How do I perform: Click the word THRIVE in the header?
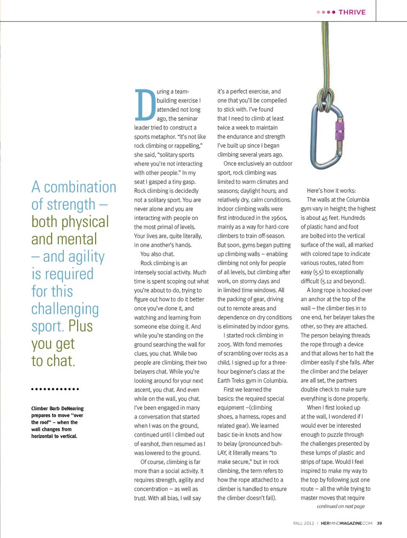click(352, 12)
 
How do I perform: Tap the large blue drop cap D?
click(145, 105)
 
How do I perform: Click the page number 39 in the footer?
click(379, 523)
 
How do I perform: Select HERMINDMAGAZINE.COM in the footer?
click(346, 523)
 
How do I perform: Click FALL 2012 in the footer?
click(304, 523)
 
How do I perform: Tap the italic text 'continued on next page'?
click(340, 506)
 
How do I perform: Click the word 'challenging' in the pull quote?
click(65, 309)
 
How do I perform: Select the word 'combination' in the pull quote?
click(80, 187)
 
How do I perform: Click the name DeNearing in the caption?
click(72, 408)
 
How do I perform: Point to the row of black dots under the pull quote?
click(55, 389)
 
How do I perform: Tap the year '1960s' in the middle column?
click(277, 218)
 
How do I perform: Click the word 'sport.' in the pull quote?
click(47, 326)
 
